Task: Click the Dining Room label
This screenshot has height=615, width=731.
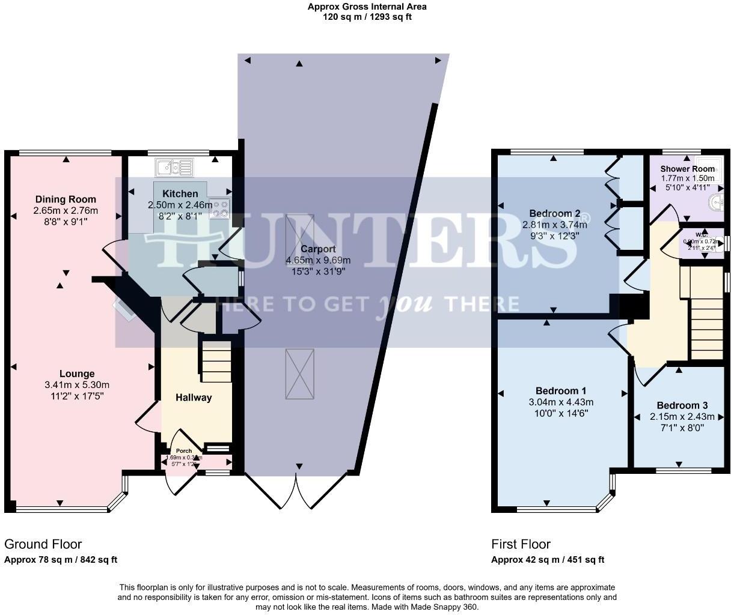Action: click(x=66, y=199)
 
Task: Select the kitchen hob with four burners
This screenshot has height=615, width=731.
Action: click(x=219, y=208)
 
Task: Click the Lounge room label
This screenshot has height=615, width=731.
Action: click(x=77, y=374)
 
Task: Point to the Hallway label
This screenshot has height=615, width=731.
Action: click(x=194, y=397)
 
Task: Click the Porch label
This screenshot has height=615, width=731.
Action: click(x=183, y=451)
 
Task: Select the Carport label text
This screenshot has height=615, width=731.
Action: click(x=318, y=249)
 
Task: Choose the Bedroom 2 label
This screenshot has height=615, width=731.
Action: click(x=555, y=213)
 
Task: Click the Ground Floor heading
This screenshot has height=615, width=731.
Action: click(x=43, y=544)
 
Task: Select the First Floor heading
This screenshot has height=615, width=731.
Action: click(x=521, y=544)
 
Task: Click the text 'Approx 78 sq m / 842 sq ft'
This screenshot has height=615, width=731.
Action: click(x=61, y=560)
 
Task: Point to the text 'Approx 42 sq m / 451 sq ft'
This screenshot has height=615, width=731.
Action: click(x=548, y=560)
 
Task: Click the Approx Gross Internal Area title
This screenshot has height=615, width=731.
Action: click(x=367, y=7)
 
